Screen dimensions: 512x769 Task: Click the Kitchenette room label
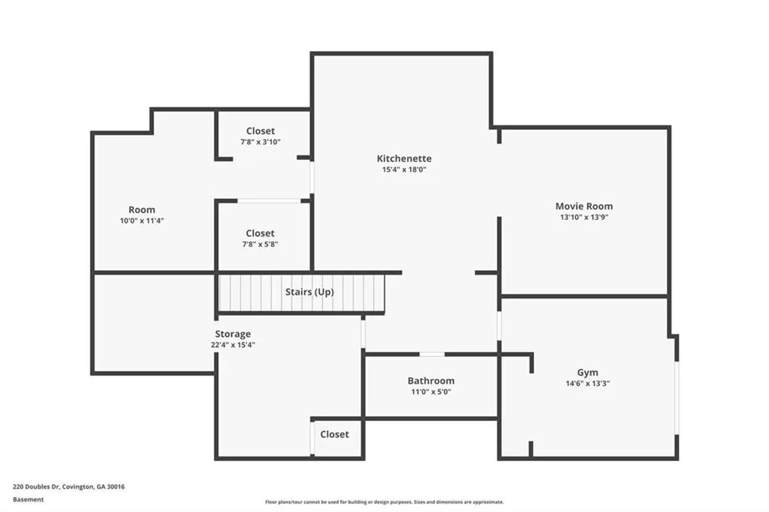[404, 158]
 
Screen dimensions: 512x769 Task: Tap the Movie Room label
[584, 206]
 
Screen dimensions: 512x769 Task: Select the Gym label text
[587, 372]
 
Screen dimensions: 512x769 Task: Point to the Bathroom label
[430, 381]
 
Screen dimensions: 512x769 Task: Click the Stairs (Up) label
[309, 291]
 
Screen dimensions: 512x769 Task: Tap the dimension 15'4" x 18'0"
[404, 170]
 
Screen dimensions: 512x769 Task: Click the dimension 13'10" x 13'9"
[584, 217]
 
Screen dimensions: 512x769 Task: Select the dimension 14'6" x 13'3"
[587, 383]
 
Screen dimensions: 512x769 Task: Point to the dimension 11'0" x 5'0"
[430, 391]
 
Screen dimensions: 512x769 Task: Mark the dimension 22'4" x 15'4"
[234, 345]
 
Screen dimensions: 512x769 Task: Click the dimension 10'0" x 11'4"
[141, 221]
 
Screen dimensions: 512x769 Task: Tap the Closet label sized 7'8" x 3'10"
[261, 131]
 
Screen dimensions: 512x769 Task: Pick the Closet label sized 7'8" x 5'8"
[260, 233]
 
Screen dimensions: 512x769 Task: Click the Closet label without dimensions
[334, 434]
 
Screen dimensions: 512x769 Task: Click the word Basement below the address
[28, 499]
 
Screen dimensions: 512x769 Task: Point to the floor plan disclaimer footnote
[384, 502]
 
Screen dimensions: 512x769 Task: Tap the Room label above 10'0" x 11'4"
[141, 210]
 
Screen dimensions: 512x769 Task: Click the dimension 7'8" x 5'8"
[260, 244]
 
